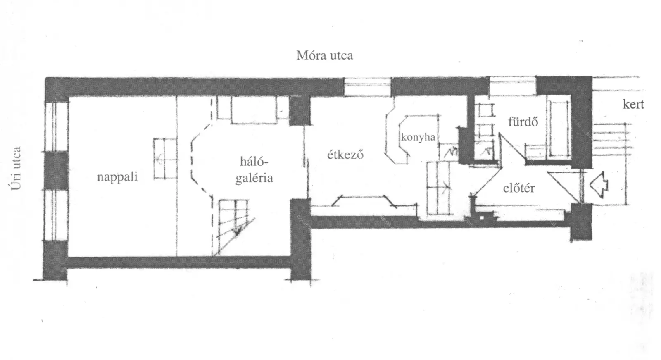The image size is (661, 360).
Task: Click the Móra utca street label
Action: pos(325,55)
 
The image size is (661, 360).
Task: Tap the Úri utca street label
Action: pos(16,168)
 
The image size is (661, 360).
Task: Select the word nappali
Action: pos(117,177)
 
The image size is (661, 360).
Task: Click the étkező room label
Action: pos(345,155)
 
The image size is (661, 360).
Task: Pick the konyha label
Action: pos(418,137)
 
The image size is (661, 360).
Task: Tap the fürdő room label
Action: pos(523,122)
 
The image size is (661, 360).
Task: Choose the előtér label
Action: pos(519,188)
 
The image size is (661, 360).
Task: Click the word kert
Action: pos(633,104)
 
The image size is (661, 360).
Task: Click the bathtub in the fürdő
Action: pos(558,129)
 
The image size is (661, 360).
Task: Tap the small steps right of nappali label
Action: pos(166,159)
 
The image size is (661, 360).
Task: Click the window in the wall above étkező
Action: pos(368,86)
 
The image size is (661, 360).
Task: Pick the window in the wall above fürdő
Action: pos(513,86)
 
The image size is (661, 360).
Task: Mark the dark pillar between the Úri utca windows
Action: pos(56,170)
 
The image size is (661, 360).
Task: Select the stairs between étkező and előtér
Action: pos(439,188)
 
